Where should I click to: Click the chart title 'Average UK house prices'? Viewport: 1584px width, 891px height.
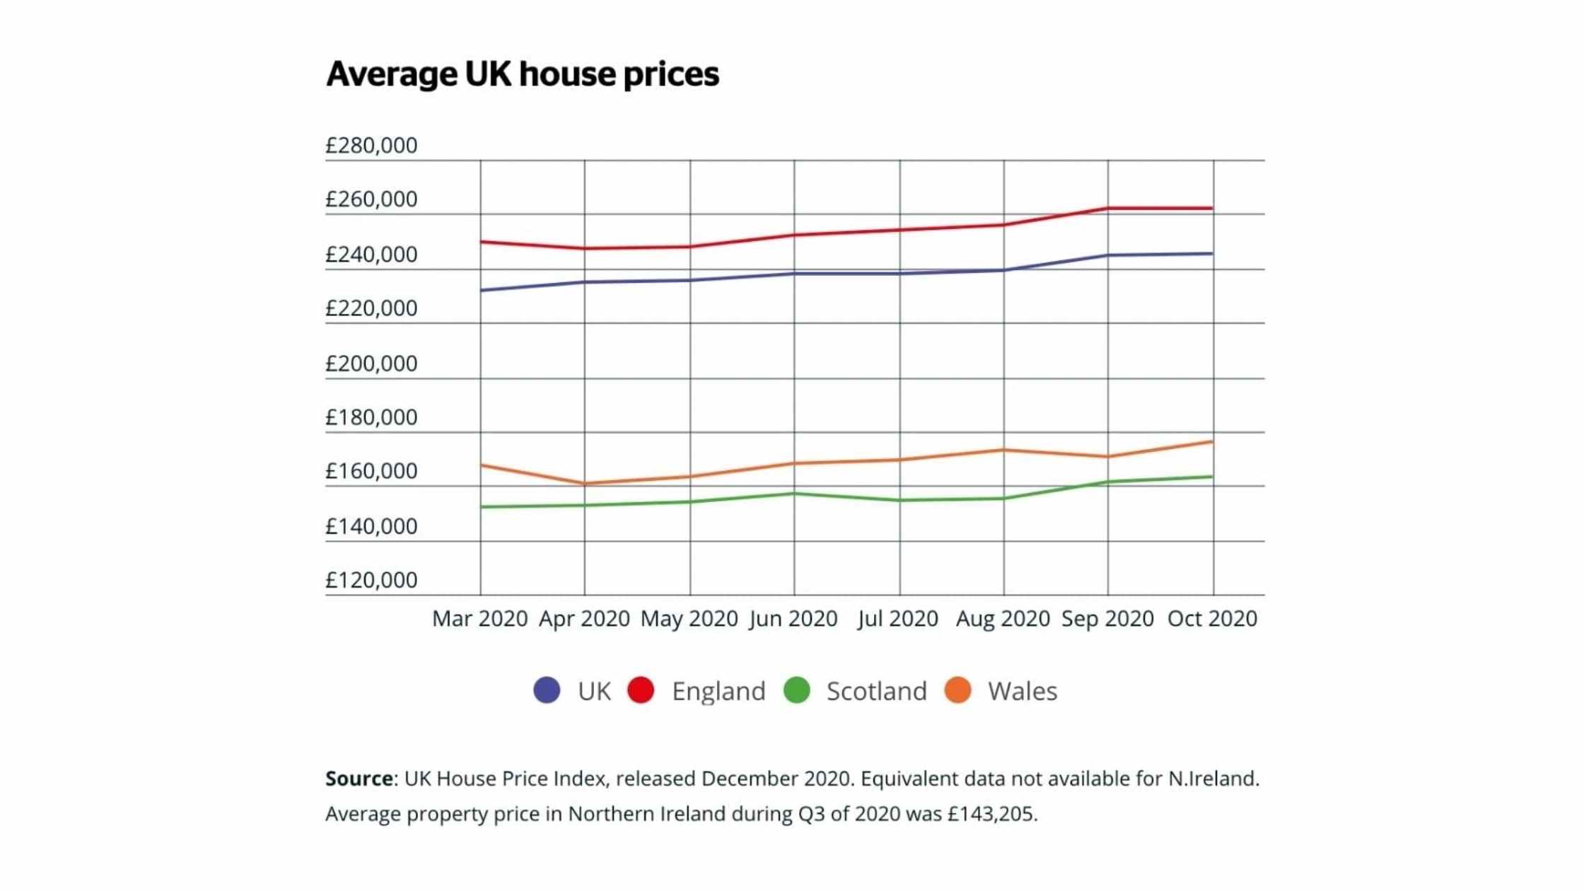pyautogui.click(x=522, y=74)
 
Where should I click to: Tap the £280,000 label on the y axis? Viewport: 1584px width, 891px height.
pyautogui.click(x=371, y=146)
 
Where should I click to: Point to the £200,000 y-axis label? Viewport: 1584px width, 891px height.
pyautogui.click(x=371, y=363)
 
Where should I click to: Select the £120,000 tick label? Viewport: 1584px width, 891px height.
pyautogui.click(x=371, y=581)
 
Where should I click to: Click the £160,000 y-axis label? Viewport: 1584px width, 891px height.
pyautogui.click(x=371, y=472)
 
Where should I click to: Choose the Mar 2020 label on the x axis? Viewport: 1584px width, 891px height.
pyautogui.click(x=479, y=619)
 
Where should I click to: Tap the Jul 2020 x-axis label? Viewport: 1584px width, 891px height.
pyautogui.click(x=898, y=619)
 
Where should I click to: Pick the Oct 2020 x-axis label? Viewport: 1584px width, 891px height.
pyautogui.click(x=1212, y=619)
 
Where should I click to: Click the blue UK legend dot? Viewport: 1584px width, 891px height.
pyautogui.click(x=547, y=690)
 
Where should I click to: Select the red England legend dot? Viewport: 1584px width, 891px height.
pyautogui.click(x=641, y=690)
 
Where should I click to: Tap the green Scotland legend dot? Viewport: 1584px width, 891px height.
pyautogui.click(x=797, y=690)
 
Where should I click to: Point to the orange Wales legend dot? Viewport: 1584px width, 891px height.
pyautogui.click(x=958, y=690)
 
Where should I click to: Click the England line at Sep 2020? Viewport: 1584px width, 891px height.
pyautogui.click(x=1108, y=209)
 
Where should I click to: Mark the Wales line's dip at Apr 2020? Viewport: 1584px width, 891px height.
pyautogui.click(x=585, y=484)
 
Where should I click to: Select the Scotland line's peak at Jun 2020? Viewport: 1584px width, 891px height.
pyautogui.click(x=794, y=494)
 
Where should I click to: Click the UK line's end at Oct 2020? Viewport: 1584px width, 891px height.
pyautogui.click(x=1211, y=254)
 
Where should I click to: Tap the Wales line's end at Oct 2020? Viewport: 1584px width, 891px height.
pyautogui.click(x=1211, y=443)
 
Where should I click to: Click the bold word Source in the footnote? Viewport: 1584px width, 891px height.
pyautogui.click(x=359, y=779)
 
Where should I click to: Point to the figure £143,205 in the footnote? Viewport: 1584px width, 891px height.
pyautogui.click(x=991, y=814)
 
